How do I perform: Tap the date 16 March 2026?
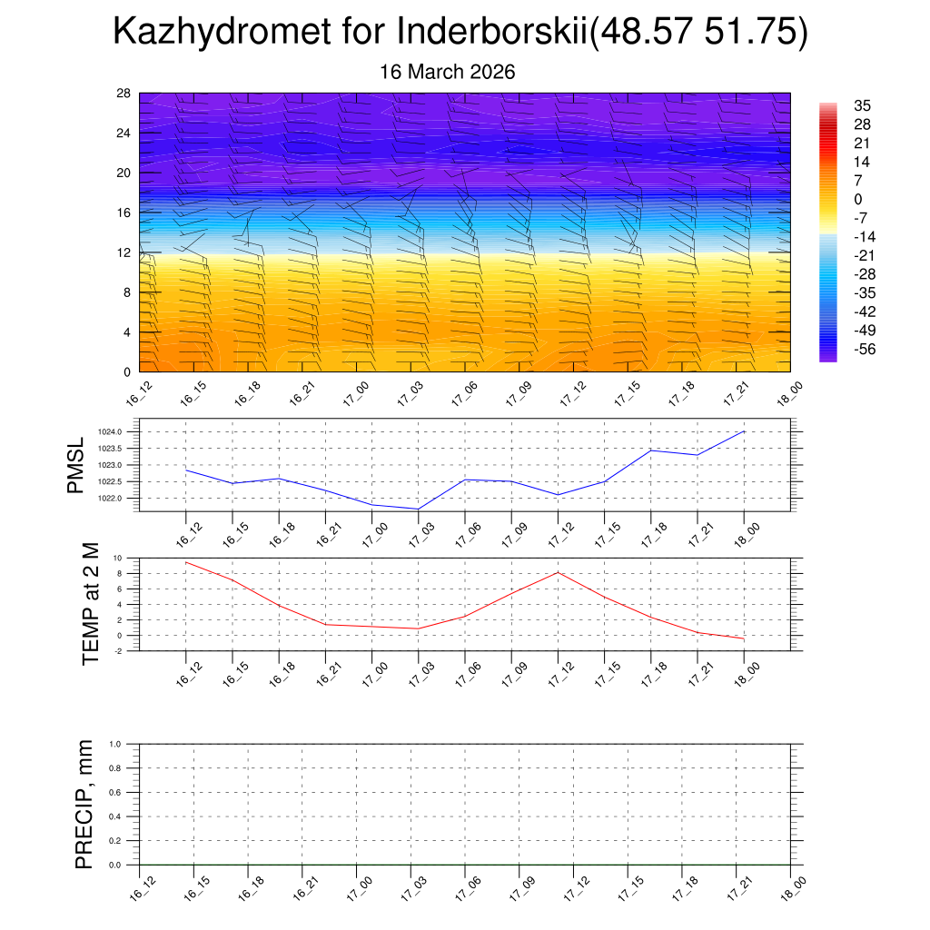pos(447,72)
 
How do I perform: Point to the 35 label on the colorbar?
pos(862,105)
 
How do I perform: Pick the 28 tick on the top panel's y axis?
pos(124,94)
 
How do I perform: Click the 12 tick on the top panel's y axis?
pos(124,252)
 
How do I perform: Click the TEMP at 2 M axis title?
pos(90,604)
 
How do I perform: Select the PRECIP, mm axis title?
pos(84,805)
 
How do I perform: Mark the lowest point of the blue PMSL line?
pos(418,509)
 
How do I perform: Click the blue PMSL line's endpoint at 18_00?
pos(745,431)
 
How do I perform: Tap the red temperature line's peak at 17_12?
pos(558,572)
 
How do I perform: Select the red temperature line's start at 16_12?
pos(185,562)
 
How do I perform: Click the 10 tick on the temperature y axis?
pos(118,558)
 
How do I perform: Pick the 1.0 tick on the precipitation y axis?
pos(115,744)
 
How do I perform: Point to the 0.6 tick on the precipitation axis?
pos(115,792)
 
